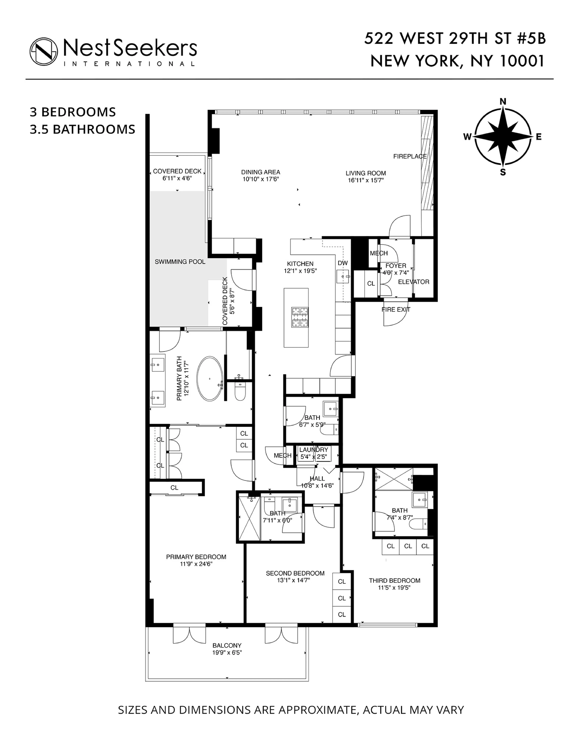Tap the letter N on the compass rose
pyautogui.click(x=503, y=101)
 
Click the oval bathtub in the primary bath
pyautogui.click(x=210, y=379)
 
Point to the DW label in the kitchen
pyautogui.click(x=342, y=263)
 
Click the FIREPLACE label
pyautogui.click(x=410, y=156)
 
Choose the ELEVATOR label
pyautogui.click(x=413, y=282)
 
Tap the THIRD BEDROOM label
pyautogui.click(x=394, y=581)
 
